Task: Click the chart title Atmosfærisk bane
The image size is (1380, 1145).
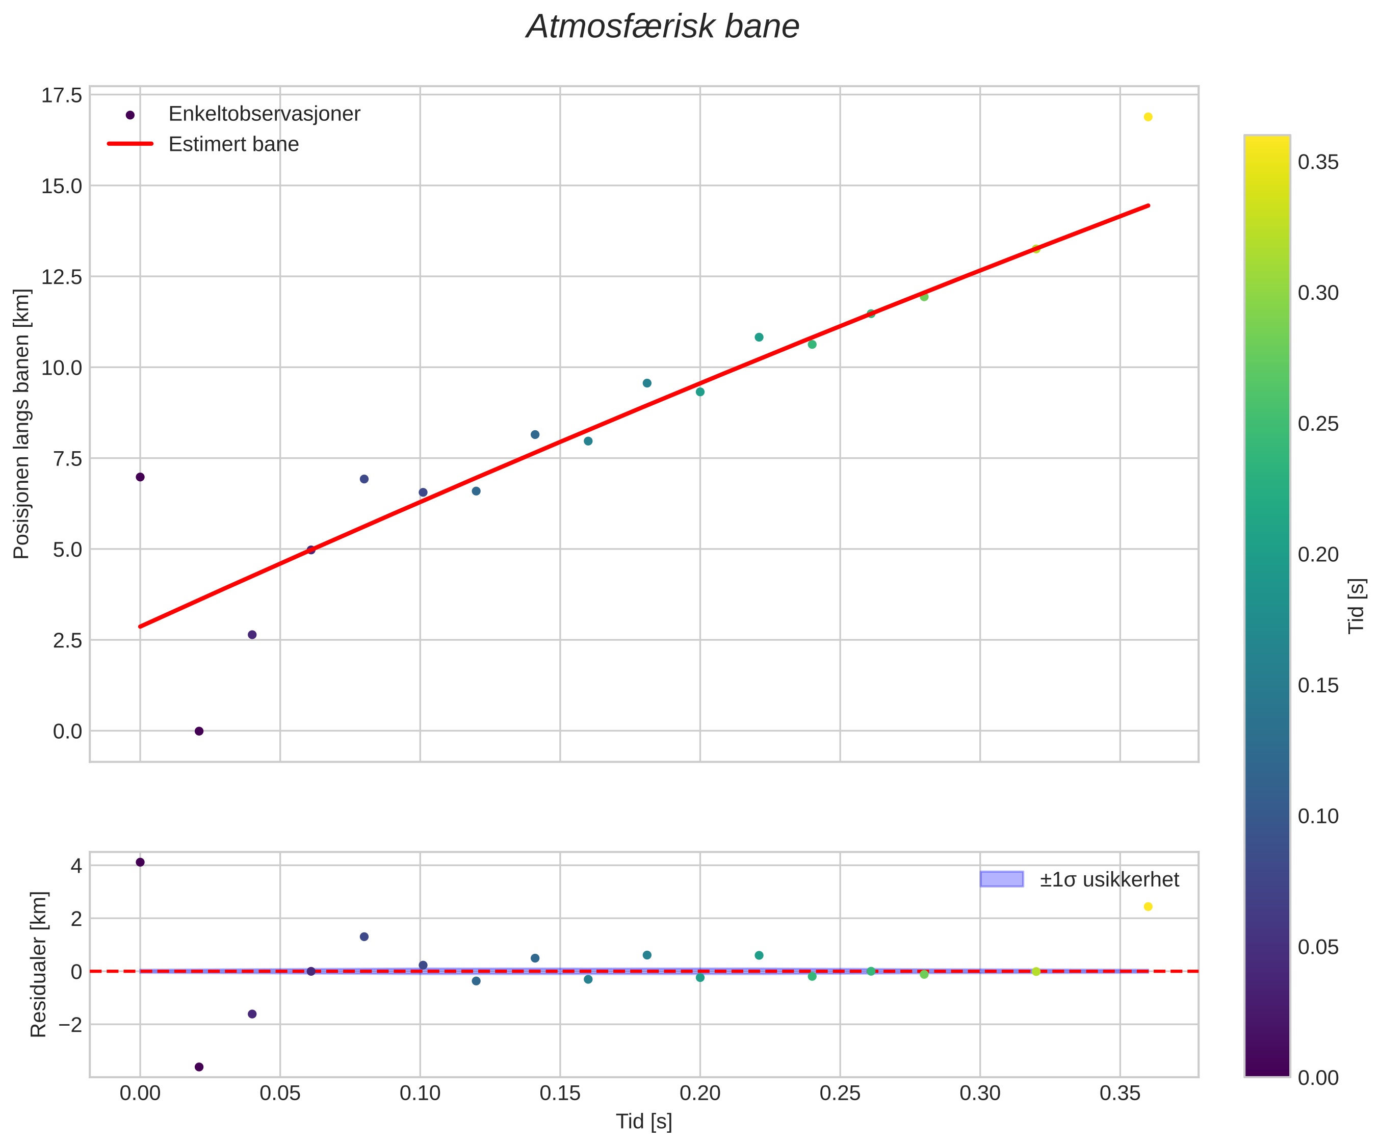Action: [x=662, y=28]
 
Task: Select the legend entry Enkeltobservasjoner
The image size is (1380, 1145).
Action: [x=264, y=114]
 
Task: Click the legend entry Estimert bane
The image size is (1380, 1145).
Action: [x=233, y=144]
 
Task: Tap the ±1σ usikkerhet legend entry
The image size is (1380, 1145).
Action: [x=1109, y=879]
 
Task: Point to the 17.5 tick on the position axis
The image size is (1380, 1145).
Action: [x=62, y=95]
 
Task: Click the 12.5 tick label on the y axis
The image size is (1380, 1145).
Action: [x=62, y=277]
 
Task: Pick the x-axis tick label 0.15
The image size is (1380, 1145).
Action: [x=560, y=1094]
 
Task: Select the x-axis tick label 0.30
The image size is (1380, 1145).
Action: [x=980, y=1094]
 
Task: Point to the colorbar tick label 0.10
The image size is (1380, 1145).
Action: [x=1318, y=816]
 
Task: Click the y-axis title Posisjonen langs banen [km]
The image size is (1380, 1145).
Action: [x=22, y=424]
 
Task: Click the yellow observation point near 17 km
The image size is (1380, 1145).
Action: [x=1148, y=117]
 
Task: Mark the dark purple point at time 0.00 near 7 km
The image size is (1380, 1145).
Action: [x=140, y=477]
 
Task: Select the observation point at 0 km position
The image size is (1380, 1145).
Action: [x=199, y=731]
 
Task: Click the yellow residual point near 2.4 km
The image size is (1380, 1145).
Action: [x=1148, y=907]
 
